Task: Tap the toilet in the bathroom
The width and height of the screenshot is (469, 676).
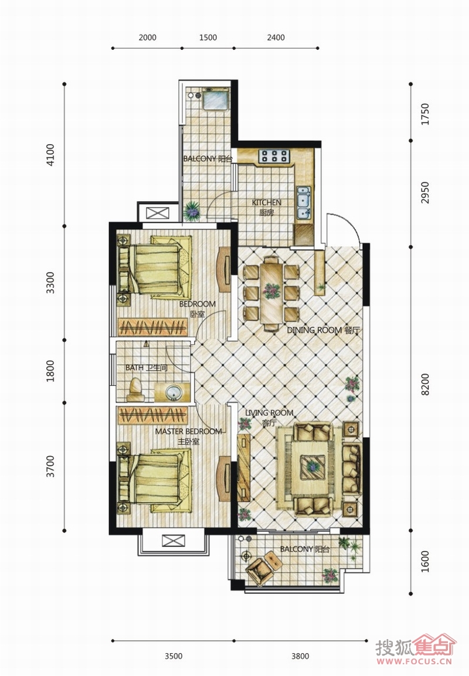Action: (135, 390)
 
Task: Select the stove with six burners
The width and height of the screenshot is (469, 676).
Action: (274, 155)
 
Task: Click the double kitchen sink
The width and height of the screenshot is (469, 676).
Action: (304, 202)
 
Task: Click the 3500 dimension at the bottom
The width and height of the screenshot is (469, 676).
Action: (174, 656)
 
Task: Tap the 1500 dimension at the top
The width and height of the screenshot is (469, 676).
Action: (208, 38)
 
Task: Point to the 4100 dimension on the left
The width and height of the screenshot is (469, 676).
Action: (50, 155)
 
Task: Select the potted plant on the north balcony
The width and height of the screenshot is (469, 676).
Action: (191, 211)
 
